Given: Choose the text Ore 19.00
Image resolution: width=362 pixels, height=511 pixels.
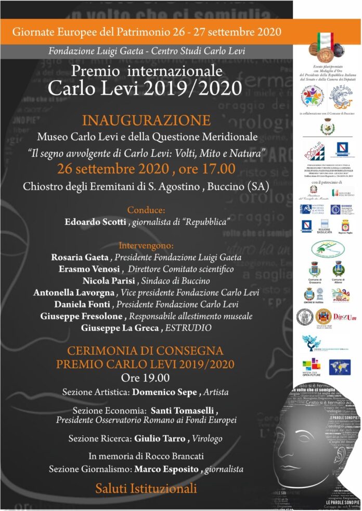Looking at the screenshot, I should point(145,377).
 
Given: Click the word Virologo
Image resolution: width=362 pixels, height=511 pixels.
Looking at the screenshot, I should point(207,439).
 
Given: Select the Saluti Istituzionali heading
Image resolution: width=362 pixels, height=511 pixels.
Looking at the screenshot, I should point(146,488).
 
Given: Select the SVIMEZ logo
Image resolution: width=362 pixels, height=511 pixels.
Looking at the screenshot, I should point(342,209).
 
